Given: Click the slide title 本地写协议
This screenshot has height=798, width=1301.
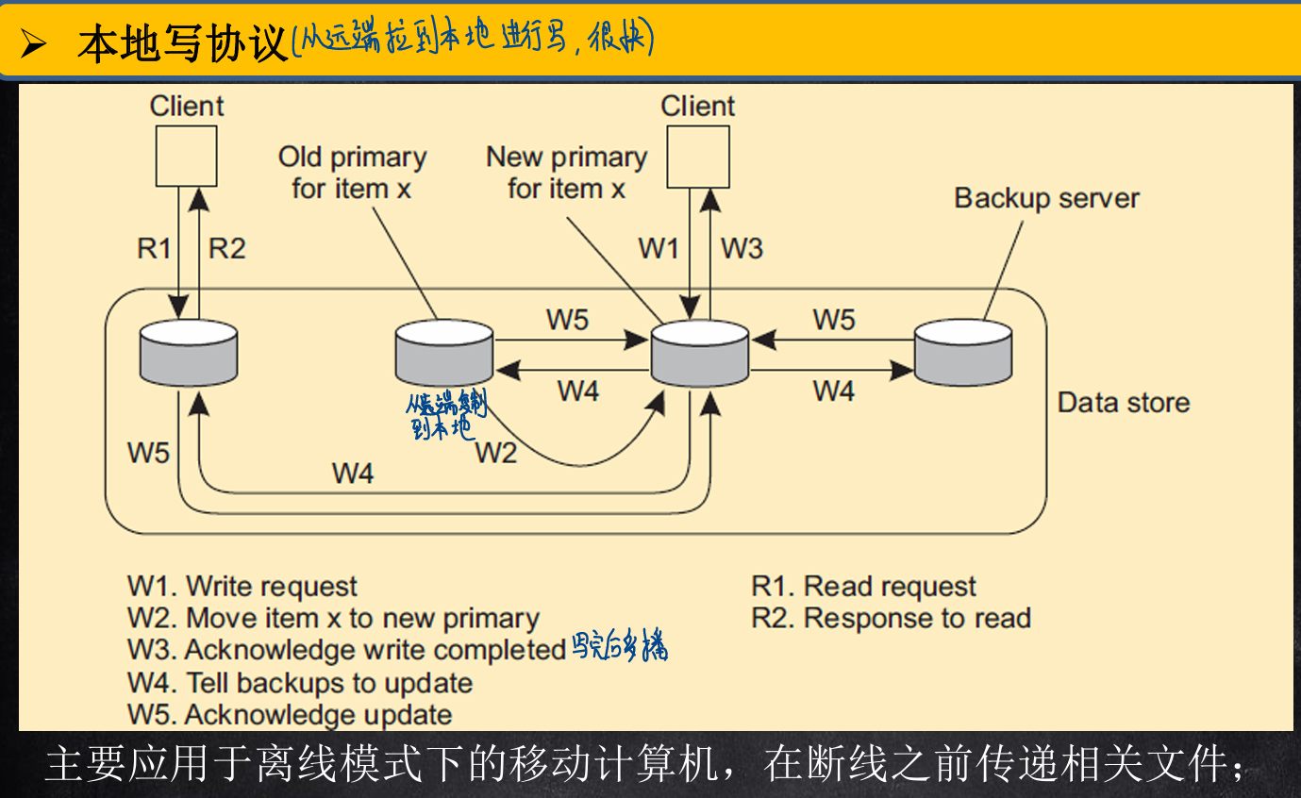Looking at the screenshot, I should [x=182, y=43].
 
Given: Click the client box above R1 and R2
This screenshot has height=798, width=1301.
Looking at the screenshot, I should [x=186, y=156].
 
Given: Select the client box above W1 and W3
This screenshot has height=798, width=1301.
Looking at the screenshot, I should [x=697, y=157].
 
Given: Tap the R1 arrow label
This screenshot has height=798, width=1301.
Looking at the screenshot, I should [x=154, y=248].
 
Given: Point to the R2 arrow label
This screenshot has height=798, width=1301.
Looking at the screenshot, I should [x=226, y=248].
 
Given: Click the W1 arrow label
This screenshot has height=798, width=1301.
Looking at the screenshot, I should [x=659, y=248].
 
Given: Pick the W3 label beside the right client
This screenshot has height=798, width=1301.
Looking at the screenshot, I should [x=742, y=248].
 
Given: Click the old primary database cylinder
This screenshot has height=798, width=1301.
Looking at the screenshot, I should [x=443, y=353].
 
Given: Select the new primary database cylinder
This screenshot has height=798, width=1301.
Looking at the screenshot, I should [x=699, y=353].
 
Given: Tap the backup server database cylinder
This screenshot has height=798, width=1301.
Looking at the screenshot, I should [x=963, y=353].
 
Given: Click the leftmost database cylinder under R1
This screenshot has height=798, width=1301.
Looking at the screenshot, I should [x=188, y=353].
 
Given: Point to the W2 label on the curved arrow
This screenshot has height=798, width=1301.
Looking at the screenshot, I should [x=495, y=453].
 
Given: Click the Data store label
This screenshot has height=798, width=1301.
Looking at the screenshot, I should [x=1123, y=403].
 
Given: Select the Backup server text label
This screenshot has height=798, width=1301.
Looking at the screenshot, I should [x=1046, y=198].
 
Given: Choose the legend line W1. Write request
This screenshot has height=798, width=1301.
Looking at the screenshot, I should [x=242, y=587].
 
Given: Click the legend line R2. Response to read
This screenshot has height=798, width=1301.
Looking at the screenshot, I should [x=891, y=618].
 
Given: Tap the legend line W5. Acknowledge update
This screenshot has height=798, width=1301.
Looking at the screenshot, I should [x=290, y=714].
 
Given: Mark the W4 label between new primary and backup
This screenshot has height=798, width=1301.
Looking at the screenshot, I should [x=833, y=390].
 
